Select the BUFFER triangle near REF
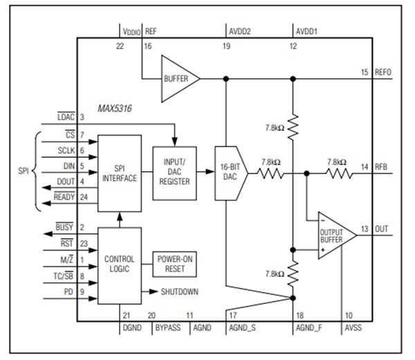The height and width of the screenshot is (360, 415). point(178,79)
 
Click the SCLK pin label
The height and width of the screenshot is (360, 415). point(66,150)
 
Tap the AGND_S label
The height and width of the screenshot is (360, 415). point(242,325)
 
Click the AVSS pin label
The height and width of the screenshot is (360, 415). point(353,325)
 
